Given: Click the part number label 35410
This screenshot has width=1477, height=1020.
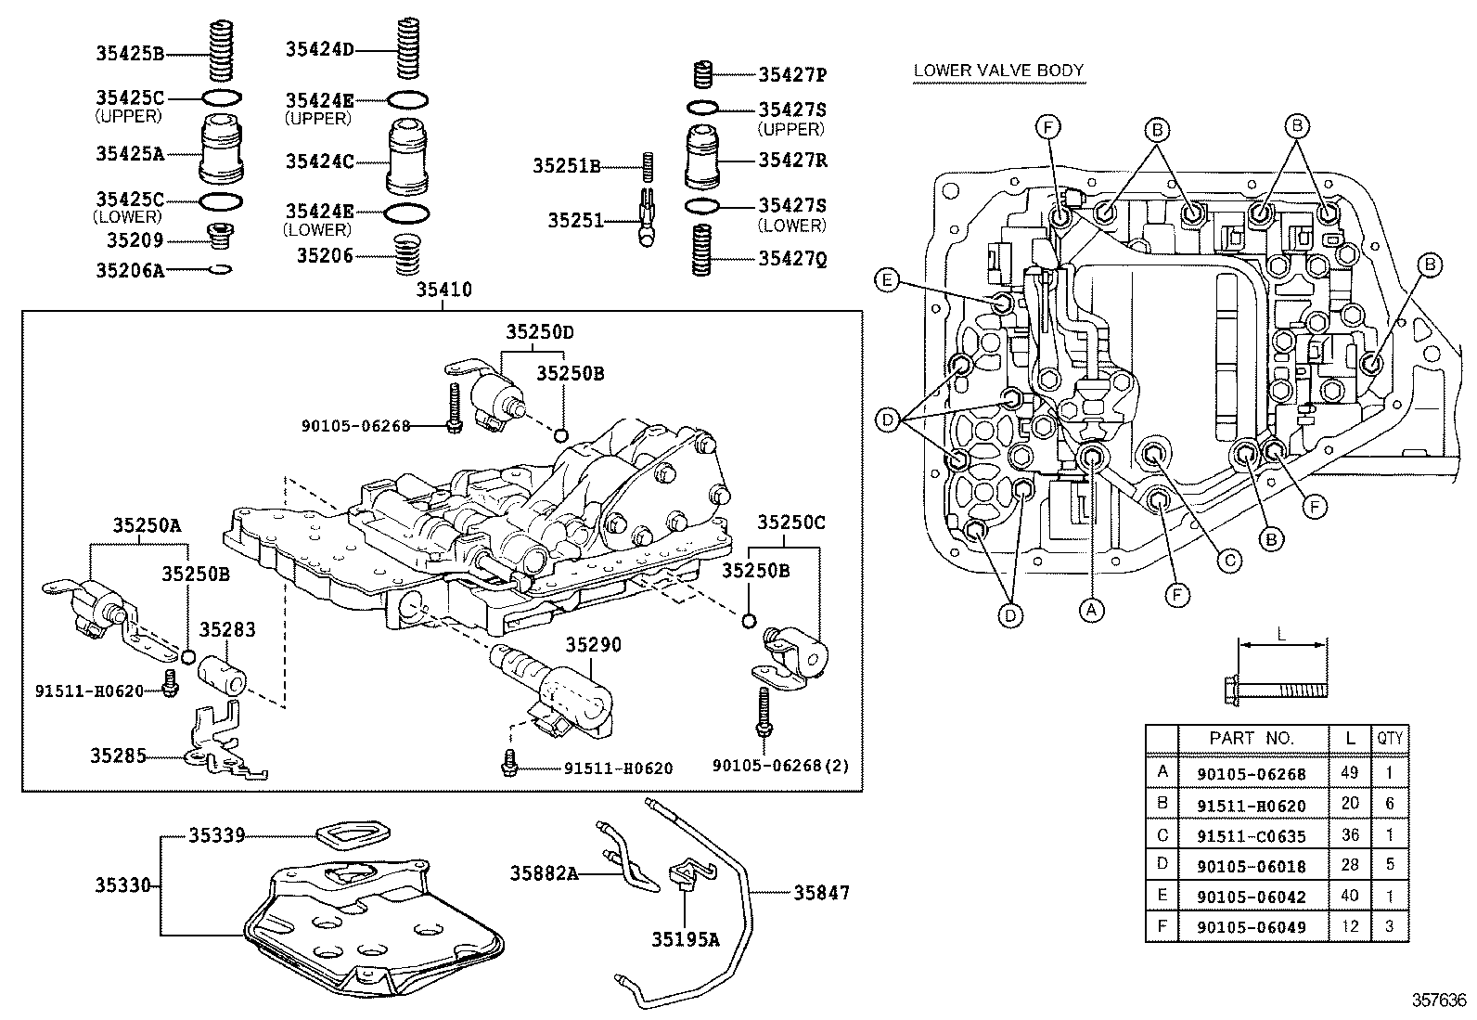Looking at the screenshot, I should point(443,291).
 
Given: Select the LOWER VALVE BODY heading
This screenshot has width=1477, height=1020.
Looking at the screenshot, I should point(998,71).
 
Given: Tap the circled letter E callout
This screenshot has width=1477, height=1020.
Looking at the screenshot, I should point(887,279).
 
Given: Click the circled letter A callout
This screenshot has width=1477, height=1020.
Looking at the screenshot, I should point(1091,610).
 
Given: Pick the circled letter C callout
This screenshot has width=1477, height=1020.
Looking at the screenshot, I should point(1228,560).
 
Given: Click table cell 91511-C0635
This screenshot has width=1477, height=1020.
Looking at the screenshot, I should point(1251,835).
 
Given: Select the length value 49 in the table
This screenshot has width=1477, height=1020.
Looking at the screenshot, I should point(1350,773).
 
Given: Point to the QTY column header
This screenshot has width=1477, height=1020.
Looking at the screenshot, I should point(1389,739).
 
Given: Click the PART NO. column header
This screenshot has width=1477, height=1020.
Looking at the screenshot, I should point(1251,739).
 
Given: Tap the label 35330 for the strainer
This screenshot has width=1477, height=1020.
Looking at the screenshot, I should point(122,885).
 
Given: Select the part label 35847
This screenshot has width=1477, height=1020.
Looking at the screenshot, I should point(821,893).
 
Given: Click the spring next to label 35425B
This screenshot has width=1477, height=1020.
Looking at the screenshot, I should point(223,53).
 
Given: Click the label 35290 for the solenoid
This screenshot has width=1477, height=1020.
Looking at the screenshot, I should point(594,644).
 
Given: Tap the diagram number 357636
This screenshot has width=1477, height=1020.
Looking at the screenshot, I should point(1439,1001).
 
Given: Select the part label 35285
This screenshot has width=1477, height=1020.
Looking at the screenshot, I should point(118,755).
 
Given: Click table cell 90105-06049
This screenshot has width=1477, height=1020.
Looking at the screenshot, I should point(1251,927).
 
